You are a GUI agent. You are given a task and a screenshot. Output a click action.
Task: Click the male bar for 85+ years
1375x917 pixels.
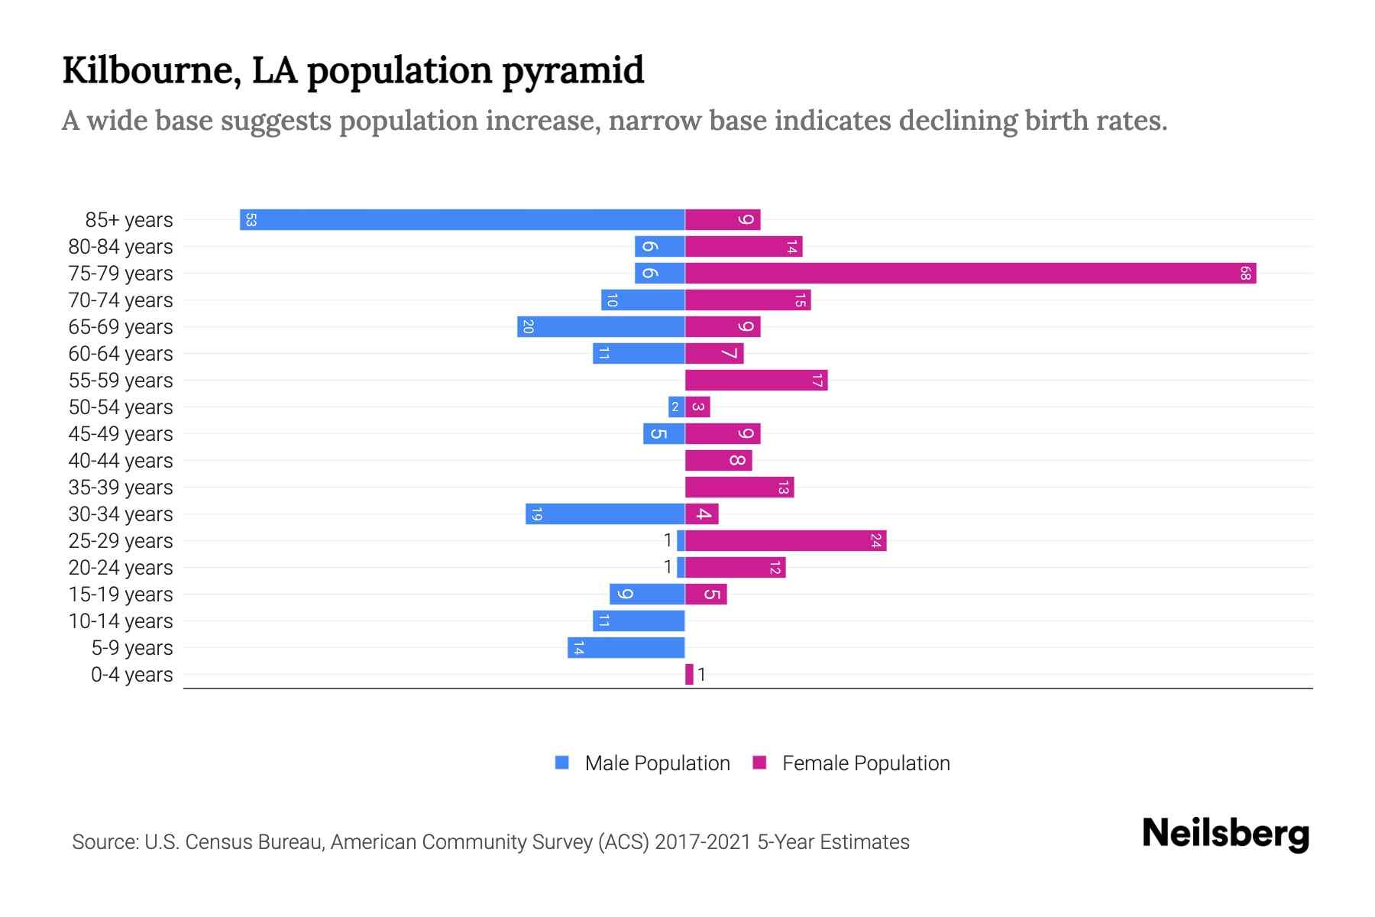point(462,219)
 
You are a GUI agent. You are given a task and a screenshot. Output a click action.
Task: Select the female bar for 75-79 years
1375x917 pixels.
point(970,273)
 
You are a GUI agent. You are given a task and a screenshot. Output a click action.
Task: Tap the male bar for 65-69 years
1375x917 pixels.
point(601,326)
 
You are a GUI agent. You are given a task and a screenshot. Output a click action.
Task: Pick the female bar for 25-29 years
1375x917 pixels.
point(785,540)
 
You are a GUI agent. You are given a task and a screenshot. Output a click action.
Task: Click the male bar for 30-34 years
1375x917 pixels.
point(605,514)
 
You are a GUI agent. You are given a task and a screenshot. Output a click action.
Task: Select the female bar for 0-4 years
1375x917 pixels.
point(689,674)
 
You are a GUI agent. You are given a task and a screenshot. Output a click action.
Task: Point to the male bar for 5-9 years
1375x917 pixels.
point(626,647)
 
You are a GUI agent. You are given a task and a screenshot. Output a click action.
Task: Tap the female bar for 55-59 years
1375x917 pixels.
point(756,380)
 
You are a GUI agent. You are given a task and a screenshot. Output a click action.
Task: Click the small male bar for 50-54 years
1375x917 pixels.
point(676,407)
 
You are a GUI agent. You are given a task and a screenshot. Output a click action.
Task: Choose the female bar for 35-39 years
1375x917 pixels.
point(739,487)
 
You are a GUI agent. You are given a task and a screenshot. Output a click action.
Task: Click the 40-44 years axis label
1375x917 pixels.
point(121,461)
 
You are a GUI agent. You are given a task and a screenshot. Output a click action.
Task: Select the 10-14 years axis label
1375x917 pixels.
point(121,621)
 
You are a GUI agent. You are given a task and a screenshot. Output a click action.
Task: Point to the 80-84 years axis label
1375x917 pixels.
point(121,247)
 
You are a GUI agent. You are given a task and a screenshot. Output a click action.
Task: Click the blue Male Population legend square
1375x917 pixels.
point(562,763)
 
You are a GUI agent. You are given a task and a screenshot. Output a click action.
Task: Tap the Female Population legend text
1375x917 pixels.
point(865,763)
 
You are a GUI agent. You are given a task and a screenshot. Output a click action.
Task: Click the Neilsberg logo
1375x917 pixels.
point(1225,833)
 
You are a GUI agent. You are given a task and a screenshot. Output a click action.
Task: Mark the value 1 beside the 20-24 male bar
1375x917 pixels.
point(668,567)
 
